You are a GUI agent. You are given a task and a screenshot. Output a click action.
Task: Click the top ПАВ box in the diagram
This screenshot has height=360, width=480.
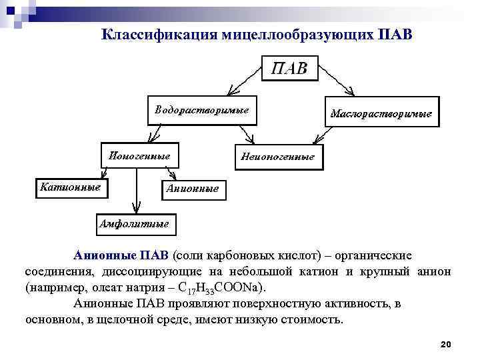289,69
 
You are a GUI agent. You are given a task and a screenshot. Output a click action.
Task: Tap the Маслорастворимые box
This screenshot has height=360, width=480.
381,113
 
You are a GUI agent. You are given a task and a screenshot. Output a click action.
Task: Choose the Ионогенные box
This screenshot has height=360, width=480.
140,155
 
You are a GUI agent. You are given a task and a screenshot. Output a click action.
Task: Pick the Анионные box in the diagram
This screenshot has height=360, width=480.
192,189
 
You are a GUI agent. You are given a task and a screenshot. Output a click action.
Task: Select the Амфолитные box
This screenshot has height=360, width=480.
134,223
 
